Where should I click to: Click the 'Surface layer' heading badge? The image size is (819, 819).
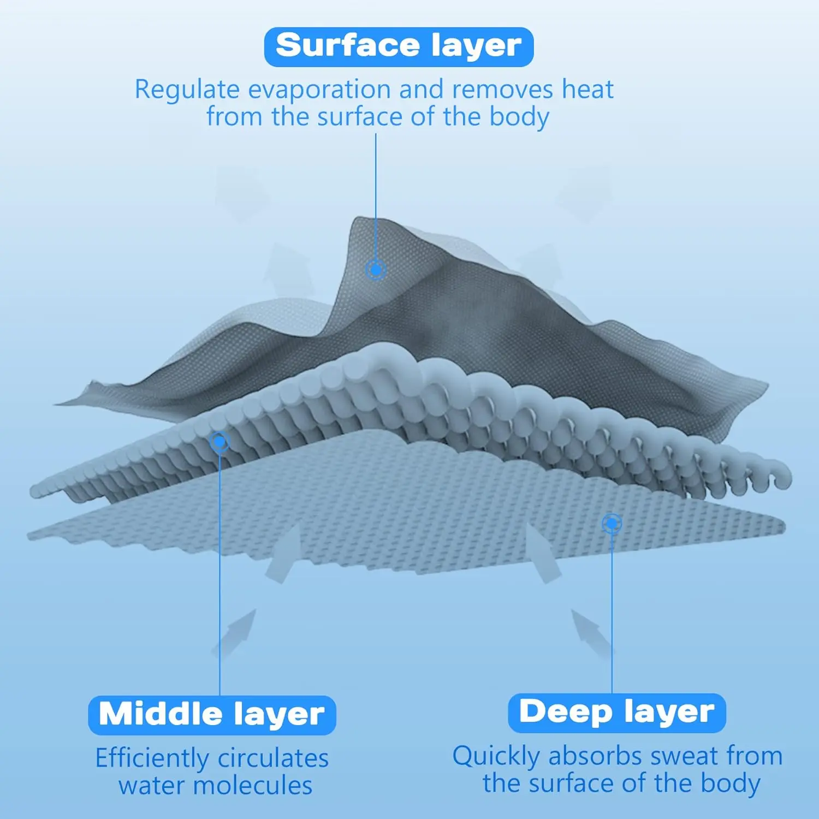pyautogui.click(x=399, y=47)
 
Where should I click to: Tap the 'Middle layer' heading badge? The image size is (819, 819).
pyautogui.click(x=212, y=715)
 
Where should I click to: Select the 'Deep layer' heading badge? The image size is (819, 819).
pyautogui.click(x=616, y=713)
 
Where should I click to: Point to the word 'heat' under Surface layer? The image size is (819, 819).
pyautogui.click(x=588, y=89)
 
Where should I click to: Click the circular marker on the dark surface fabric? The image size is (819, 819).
pyautogui.click(x=376, y=269)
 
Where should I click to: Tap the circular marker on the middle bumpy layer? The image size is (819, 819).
pyautogui.click(x=219, y=441)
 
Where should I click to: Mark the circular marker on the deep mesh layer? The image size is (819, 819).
pyautogui.click(x=612, y=523)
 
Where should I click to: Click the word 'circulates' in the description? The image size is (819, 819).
pyautogui.click(x=273, y=758)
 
